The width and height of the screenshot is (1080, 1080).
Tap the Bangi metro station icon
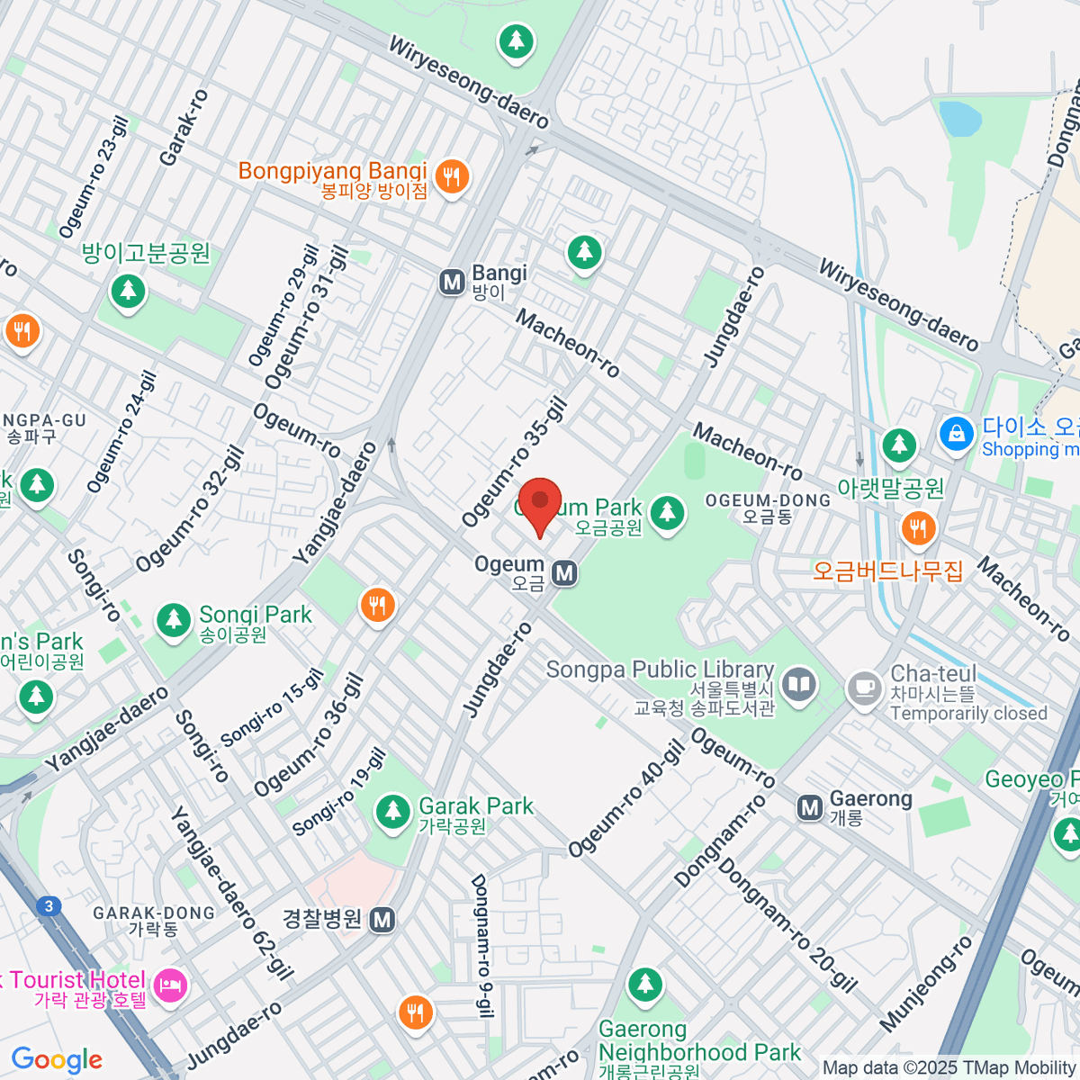tap(452, 283)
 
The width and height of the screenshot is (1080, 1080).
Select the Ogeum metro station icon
tap(563, 573)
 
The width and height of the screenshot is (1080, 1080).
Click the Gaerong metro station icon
tap(810, 807)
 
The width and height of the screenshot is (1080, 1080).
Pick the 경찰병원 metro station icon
tap(382, 920)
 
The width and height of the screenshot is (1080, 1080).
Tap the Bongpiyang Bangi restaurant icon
tap(451, 176)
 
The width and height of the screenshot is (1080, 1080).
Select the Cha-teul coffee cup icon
tap(864, 689)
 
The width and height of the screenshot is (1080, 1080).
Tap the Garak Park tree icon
tap(392, 811)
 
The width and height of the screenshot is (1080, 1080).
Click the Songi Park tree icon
tap(173, 619)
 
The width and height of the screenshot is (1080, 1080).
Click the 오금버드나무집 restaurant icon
tap(917, 528)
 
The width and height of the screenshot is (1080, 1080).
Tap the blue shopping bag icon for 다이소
tap(956, 435)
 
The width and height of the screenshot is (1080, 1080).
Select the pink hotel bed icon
tap(169, 987)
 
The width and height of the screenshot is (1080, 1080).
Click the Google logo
tap(57, 1060)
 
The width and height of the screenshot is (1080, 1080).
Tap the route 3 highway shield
tap(49, 906)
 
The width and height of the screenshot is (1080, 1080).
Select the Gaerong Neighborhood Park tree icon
tap(644, 985)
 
